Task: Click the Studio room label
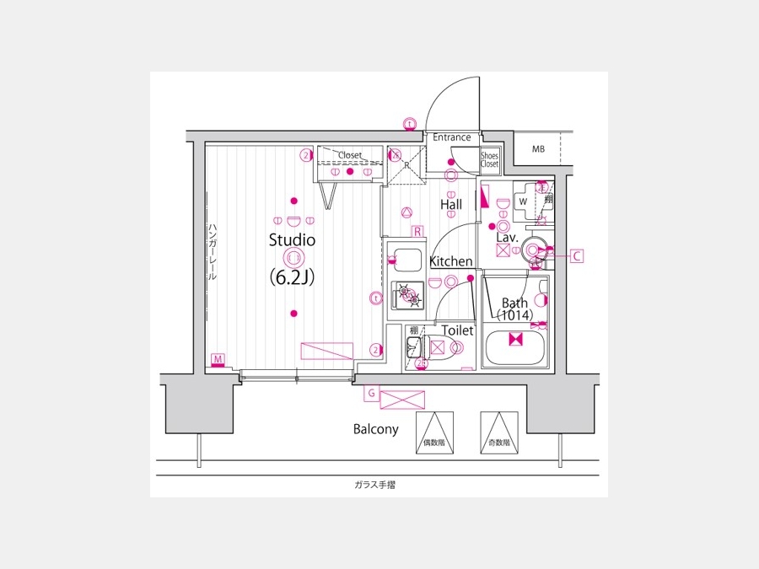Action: [292, 240]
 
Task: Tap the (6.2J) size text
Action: [292, 276]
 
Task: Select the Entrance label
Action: [452, 137]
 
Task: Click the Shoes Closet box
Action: [489, 159]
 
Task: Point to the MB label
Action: [538, 149]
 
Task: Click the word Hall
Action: [451, 204]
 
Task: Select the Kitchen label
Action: [451, 262]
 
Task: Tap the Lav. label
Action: [506, 239]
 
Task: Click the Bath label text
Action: [514, 303]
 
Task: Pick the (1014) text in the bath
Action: [514, 316]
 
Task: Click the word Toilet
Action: [458, 331]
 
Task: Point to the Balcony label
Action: [375, 429]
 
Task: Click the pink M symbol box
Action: [218, 361]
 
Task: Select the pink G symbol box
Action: [370, 393]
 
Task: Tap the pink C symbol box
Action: [577, 256]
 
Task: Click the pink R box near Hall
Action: [417, 231]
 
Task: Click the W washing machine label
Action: [523, 202]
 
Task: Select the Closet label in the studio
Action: [349, 156]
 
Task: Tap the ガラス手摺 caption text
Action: [375, 485]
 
